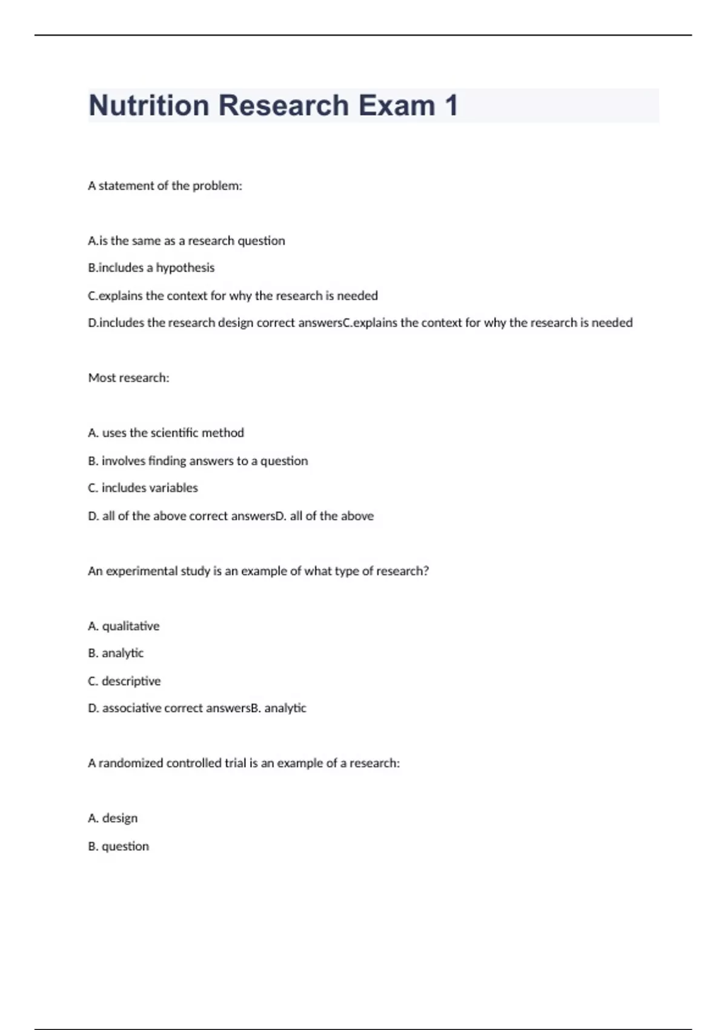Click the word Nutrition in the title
pyautogui.click(x=148, y=105)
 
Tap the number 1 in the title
pyautogui.click(x=451, y=105)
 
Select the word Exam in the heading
pyautogui.click(x=396, y=105)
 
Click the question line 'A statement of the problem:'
pyautogui.click(x=165, y=186)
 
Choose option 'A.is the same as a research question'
pyautogui.click(x=186, y=241)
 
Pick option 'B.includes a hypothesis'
pyautogui.click(x=151, y=268)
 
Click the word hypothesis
pyautogui.click(x=185, y=268)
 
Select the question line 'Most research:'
pyautogui.click(x=128, y=378)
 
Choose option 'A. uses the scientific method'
pyautogui.click(x=165, y=433)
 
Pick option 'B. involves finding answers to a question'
pyautogui.click(x=198, y=461)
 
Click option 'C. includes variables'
pyautogui.click(x=142, y=488)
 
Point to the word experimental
pyautogui.click(x=142, y=571)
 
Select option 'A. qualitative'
pyautogui.click(x=124, y=626)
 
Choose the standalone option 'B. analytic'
pyautogui.click(x=116, y=653)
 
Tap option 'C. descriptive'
pyautogui.click(x=124, y=681)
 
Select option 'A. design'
pyautogui.click(x=113, y=819)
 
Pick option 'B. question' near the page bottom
pyautogui.click(x=118, y=846)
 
